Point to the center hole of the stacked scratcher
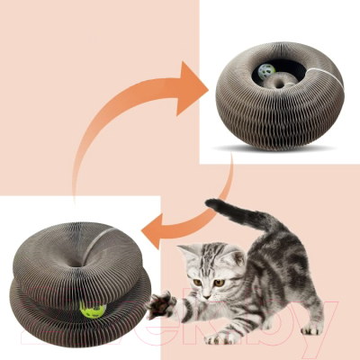(82, 264)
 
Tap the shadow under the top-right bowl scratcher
(270, 144)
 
